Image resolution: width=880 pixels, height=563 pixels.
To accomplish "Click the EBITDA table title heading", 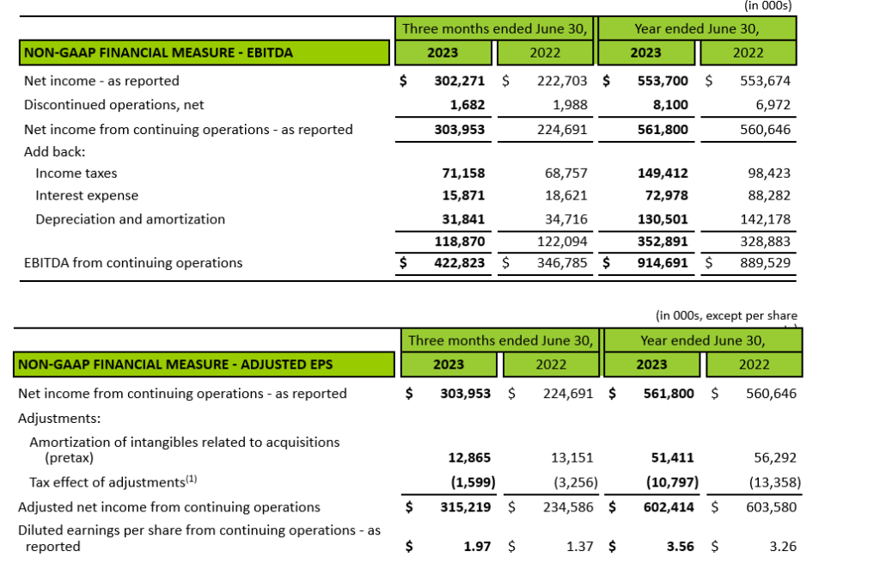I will [x=159, y=52].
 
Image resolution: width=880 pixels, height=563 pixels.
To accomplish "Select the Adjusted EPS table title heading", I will [x=175, y=364].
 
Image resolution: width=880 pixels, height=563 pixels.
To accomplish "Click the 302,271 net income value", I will [x=458, y=81].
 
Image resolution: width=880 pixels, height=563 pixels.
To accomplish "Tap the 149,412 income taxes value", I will [x=663, y=173].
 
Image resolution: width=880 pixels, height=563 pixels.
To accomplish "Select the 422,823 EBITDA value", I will [x=458, y=263].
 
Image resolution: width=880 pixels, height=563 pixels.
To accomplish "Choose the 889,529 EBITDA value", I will [x=765, y=263].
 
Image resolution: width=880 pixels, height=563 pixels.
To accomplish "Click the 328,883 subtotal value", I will [x=765, y=242].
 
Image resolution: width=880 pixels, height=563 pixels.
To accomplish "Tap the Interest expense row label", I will [x=87, y=196].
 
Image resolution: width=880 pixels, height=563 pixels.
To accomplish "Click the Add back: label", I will [x=55, y=150].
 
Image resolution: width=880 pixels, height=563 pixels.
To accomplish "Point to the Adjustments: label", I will [x=59, y=419].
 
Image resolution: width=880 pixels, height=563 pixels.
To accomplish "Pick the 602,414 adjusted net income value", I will [x=668, y=507].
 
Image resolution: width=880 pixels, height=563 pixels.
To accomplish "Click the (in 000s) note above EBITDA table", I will [x=767, y=5].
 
